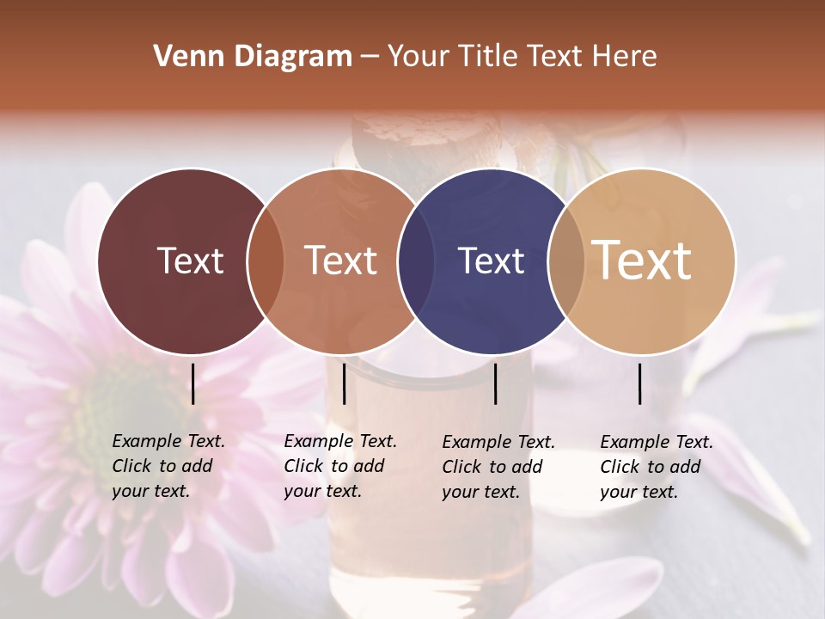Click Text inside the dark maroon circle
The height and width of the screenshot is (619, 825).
pyautogui.click(x=190, y=260)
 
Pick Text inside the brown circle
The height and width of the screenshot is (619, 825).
pyautogui.click(x=341, y=260)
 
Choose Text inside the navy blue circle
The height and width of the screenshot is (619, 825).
pyautogui.click(x=491, y=260)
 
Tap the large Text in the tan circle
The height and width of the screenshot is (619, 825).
pyautogui.click(x=642, y=260)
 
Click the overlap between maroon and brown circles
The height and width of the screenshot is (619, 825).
pyautogui.click(x=266, y=260)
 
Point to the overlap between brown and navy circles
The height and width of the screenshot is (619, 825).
pyautogui.click(x=416, y=260)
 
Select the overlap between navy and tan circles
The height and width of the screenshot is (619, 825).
pyautogui.click(x=566, y=260)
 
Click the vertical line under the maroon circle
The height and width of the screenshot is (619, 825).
pyautogui.click(x=192, y=383)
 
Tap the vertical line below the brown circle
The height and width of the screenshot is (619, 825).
pyautogui.click(x=344, y=383)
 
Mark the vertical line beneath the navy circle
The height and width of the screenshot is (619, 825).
pyautogui.click(x=495, y=383)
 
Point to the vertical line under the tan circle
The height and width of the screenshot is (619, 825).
pyautogui.click(x=639, y=383)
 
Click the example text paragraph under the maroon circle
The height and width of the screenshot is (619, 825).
pyautogui.click(x=168, y=466)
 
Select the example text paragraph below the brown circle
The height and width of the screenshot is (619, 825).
pyautogui.click(x=339, y=466)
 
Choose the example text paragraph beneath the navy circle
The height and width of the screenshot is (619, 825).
pyautogui.click(x=498, y=467)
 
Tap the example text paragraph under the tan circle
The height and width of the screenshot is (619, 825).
pyautogui.click(x=656, y=467)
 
